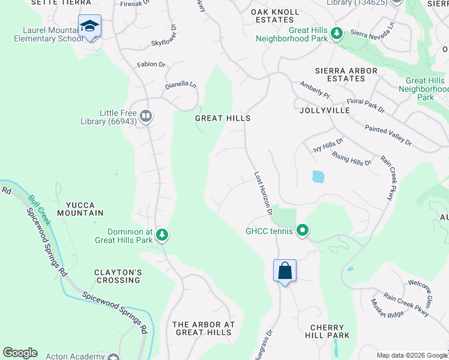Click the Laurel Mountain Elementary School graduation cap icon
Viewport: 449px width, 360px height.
(x=89, y=26)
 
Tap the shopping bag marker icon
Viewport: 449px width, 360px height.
(x=285, y=271)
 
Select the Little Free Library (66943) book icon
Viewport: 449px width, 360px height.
(x=146, y=116)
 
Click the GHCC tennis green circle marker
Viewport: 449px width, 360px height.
(x=303, y=230)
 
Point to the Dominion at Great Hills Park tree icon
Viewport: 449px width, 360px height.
(x=161, y=235)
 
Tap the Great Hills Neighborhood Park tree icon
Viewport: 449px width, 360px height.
(x=337, y=34)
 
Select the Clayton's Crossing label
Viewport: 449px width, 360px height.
(x=117, y=276)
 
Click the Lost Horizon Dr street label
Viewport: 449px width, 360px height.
(x=263, y=194)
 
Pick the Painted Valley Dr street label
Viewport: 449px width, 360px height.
(x=388, y=136)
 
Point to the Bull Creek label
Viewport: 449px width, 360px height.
(x=40, y=206)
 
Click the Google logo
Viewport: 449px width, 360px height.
(x=20, y=353)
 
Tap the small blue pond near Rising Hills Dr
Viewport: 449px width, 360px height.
(x=318, y=177)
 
